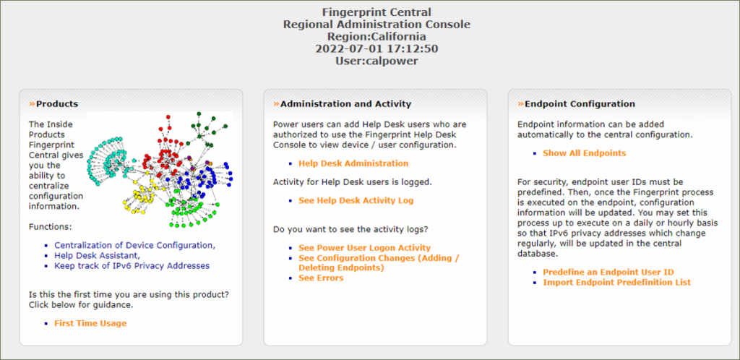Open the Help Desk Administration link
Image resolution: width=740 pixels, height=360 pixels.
[353, 163]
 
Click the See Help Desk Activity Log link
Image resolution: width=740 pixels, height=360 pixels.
[356, 200]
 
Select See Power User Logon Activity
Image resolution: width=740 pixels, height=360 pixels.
[365, 248]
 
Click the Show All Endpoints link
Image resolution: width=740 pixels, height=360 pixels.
[584, 153]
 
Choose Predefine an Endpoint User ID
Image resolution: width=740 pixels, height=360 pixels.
[608, 273]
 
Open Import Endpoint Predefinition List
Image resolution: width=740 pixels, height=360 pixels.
[617, 282]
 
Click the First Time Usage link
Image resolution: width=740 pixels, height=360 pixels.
[90, 323]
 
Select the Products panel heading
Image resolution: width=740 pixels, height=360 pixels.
[57, 104]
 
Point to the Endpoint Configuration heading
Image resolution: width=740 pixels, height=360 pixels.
[580, 104]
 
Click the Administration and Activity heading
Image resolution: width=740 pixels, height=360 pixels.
[346, 104]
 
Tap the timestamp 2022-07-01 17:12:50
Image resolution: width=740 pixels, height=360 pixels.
[377, 48]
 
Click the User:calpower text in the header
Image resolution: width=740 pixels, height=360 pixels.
[377, 61]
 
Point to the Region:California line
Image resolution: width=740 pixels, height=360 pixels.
[377, 36]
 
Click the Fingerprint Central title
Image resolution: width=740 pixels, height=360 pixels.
[377, 12]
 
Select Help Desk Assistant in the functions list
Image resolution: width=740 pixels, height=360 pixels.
[98, 255]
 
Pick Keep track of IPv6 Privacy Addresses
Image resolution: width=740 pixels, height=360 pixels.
[132, 265]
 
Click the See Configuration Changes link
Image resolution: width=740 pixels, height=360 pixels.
[379, 263]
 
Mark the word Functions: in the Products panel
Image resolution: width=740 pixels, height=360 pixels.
[50, 227]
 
